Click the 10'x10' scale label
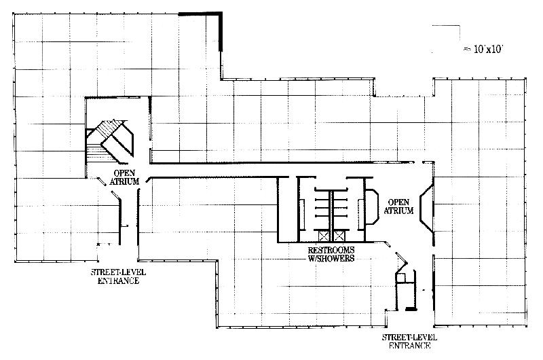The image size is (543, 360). (484, 49)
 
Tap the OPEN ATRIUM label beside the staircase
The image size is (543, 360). (125, 177)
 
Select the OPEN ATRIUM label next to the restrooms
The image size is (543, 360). (398, 206)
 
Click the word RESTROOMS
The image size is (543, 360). (331, 250)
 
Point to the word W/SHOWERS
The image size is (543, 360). (331, 258)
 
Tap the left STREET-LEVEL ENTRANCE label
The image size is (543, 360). (118, 276)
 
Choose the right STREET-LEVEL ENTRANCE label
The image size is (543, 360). (410, 341)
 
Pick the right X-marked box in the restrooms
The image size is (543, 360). (339, 236)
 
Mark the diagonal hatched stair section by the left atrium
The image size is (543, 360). (107, 129)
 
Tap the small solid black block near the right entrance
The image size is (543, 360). (411, 308)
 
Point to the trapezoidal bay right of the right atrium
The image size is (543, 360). (427, 208)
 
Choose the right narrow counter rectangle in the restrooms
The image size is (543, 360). (360, 215)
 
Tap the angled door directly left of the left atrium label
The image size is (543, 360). (101, 181)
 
